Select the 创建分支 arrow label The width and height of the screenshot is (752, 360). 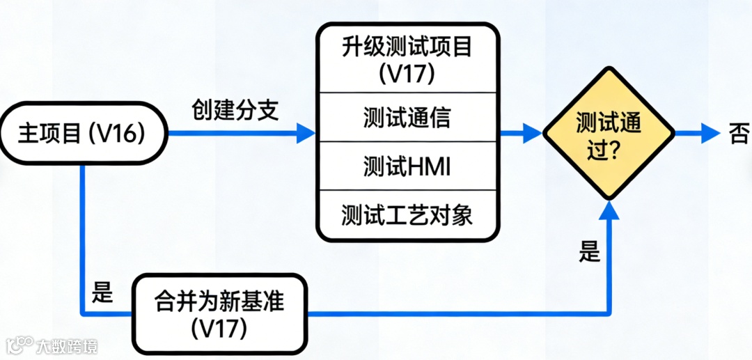[235, 110]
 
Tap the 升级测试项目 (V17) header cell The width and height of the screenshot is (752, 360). [408, 60]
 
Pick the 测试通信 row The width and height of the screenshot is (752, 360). [408, 118]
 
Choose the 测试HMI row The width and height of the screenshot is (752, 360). [408, 166]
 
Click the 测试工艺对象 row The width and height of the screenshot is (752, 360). [408, 215]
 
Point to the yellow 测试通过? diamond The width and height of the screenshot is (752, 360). [609, 133]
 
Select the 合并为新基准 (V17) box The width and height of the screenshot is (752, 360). [219, 314]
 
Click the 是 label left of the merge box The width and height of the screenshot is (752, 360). [102, 293]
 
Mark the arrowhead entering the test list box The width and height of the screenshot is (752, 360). [306, 133]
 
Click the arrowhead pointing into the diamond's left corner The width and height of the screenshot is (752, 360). [533, 133]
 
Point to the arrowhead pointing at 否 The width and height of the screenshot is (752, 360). [710, 133]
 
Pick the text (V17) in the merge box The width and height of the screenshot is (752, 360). [219, 328]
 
